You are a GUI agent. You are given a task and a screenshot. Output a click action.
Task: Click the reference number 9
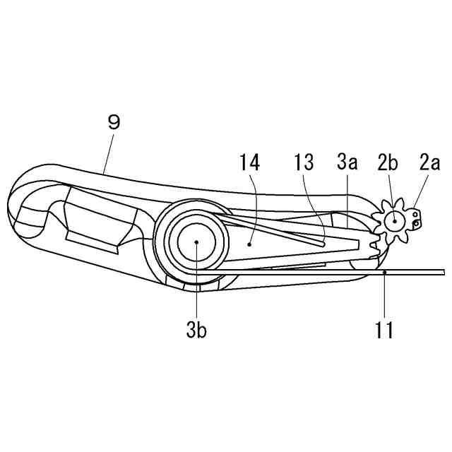(x=112, y=121)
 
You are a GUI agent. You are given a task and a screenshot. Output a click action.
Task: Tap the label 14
(x=250, y=163)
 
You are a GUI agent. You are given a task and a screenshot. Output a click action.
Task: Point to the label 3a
(x=346, y=163)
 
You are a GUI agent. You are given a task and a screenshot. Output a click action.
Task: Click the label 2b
(x=387, y=163)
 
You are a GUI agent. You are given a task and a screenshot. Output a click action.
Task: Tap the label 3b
(x=196, y=329)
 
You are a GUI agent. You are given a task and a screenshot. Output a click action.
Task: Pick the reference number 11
(x=384, y=329)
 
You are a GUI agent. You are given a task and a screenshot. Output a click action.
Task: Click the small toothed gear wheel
(x=393, y=221)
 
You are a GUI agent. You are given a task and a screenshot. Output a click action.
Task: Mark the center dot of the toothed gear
(x=393, y=221)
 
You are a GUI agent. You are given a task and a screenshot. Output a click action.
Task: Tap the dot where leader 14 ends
(x=250, y=242)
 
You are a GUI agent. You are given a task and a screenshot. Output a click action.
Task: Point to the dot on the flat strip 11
(x=384, y=271)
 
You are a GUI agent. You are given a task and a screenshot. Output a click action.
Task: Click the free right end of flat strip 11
(x=441, y=272)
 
